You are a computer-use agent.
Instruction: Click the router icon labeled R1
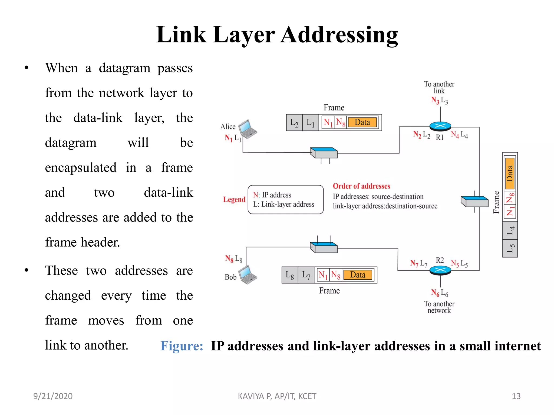click(x=440, y=126)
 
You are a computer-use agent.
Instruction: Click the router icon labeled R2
click(x=440, y=270)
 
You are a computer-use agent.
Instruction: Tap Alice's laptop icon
click(x=248, y=129)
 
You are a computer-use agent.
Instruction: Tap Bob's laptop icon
click(x=247, y=275)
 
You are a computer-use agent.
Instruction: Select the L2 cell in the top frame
click(x=294, y=123)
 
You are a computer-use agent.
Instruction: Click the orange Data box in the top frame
click(x=362, y=122)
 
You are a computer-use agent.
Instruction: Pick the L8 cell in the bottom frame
click(x=290, y=275)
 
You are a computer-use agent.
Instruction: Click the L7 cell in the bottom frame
click(x=306, y=275)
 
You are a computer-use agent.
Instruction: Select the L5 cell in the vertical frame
click(x=510, y=248)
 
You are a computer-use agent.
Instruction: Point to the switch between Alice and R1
click(x=324, y=153)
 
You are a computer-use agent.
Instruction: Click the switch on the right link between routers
click(x=474, y=202)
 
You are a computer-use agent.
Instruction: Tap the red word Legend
click(x=234, y=199)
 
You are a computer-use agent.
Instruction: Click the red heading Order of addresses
click(x=361, y=186)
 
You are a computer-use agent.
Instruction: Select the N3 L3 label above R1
click(x=439, y=101)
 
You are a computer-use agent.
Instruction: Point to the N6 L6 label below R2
click(x=439, y=293)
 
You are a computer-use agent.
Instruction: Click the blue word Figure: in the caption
click(x=182, y=346)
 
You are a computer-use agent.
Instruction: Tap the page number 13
click(x=516, y=396)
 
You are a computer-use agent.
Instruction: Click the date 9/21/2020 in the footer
click(x=53, y=396)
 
